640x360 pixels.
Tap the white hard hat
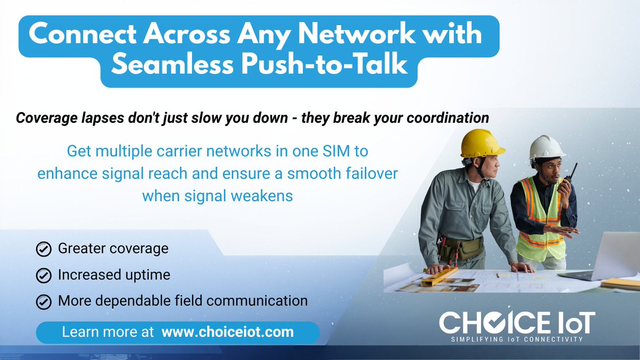tap(546, 147)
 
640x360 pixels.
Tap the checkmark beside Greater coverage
tap(43, 249)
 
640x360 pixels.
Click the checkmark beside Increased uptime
tap(43, 275)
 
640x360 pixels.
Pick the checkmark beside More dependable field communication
tap(43, 301)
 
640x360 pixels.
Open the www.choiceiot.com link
tap(227, 332)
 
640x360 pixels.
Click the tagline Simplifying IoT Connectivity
tap(516, 339)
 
